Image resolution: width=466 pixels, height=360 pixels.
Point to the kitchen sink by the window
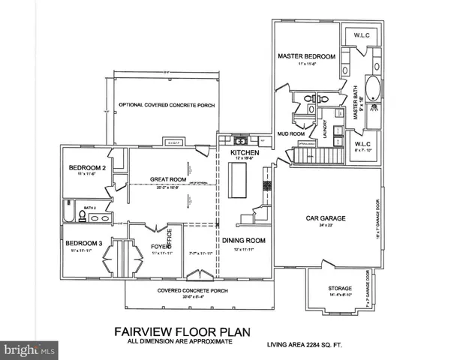tap(241, 140)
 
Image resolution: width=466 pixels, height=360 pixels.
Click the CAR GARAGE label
tap(326, 218)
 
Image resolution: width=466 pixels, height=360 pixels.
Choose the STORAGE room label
tap(340, 288)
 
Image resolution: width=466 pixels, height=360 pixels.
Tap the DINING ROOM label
tap(244, 240)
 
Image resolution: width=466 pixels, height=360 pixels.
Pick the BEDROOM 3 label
tap(83, 243)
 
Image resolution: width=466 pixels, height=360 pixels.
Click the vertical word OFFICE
tap(170, 238)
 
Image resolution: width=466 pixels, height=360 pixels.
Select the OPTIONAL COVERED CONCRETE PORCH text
tap(167, 106)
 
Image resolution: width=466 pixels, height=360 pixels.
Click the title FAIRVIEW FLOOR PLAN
tap(181, 330)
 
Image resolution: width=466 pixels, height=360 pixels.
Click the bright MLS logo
tap(29, 349)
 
